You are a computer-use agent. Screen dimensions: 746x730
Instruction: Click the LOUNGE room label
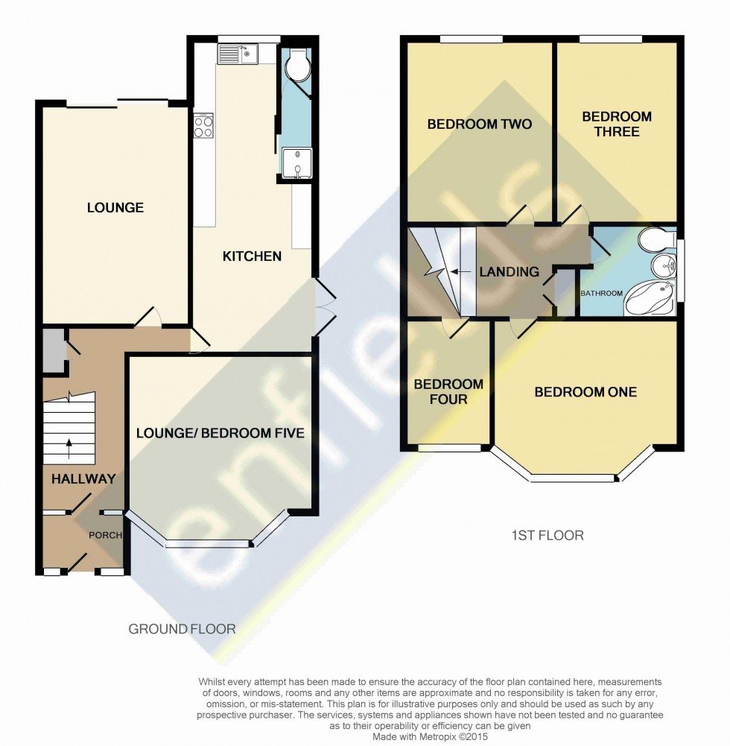click(115, 208)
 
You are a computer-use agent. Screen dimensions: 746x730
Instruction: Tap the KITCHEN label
click(253, 256)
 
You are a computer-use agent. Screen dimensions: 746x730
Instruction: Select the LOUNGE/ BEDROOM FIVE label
click(220, 433)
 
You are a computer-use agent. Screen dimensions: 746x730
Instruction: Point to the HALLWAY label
click(83, 479)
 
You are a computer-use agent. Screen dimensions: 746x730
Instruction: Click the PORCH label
click(105, 535)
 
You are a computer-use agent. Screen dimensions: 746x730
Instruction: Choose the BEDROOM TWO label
click(479, 124)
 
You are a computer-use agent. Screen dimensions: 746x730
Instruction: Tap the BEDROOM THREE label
click(617, 124)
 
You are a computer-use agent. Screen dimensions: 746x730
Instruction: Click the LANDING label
click(509, 272)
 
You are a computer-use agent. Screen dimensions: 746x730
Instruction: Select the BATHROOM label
click(602, 294)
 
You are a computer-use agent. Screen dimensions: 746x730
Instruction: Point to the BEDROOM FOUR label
click(448, 392)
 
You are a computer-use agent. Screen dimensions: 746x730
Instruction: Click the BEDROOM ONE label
click(585, 392)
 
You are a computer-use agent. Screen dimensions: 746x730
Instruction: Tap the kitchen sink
click(237, 53)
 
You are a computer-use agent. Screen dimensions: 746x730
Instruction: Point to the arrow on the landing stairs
click(461, 272)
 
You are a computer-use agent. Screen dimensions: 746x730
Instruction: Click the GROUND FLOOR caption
click(182, 629)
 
